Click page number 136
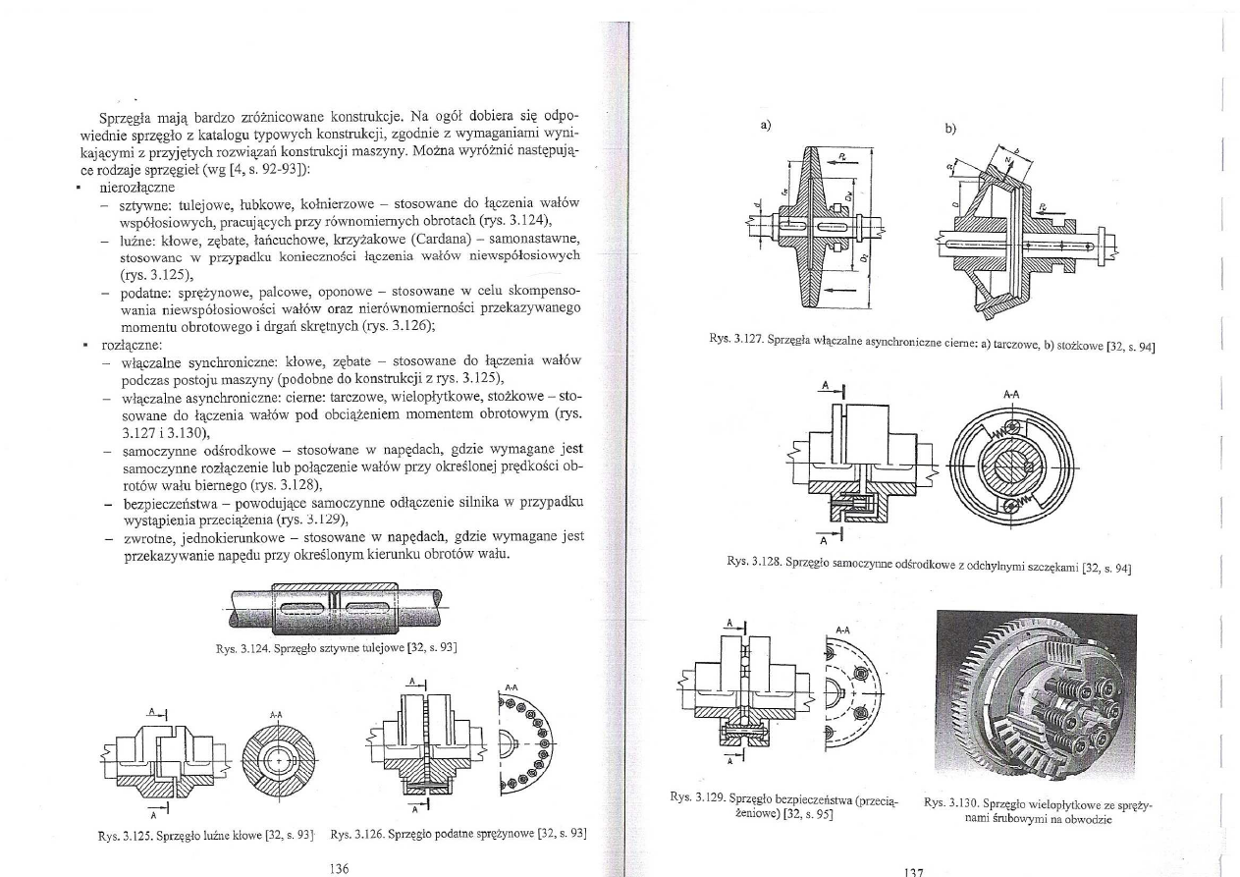coord(341,867)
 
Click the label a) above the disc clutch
coord(767,126)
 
